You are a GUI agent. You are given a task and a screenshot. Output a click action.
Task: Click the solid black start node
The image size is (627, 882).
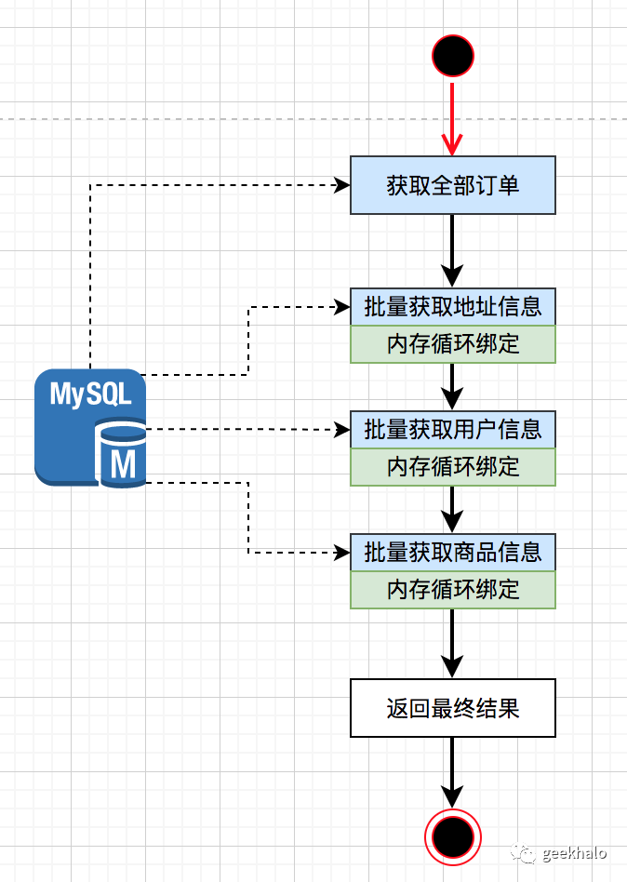click(453, 56)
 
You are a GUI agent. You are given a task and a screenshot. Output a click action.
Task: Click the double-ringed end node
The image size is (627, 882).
click(453, 837)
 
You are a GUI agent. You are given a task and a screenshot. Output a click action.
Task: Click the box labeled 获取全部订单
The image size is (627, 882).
click(453, 185)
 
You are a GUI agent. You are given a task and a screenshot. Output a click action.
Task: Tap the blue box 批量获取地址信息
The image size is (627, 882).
click(453, 306)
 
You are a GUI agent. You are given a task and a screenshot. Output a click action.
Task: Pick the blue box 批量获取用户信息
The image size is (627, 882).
click(453, 429)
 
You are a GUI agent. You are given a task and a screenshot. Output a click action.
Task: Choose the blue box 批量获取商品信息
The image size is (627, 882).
click(453, 552)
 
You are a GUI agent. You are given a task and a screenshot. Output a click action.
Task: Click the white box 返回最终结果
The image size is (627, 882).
click(453, 708)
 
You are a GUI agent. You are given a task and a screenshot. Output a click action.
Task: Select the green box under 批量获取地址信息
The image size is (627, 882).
click(453, 344)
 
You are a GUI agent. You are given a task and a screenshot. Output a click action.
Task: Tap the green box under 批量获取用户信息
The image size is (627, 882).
click(453, 466)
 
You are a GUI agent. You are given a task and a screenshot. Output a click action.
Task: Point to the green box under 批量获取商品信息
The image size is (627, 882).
click(453, 589)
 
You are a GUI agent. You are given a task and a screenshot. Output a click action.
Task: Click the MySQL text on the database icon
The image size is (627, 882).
click(90, 394)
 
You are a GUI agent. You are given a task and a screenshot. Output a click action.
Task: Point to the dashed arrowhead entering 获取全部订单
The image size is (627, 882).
click(340, 185)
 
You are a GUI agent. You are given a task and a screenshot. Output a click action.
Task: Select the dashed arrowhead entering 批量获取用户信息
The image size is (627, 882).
click(340, 429)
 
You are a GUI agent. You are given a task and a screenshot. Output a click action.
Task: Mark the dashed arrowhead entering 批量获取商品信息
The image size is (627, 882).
click(340, 553)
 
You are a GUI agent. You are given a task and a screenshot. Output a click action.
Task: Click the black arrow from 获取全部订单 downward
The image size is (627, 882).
click(452, 249)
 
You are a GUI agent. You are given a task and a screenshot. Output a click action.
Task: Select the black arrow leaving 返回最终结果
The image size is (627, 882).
click(452, 772)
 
